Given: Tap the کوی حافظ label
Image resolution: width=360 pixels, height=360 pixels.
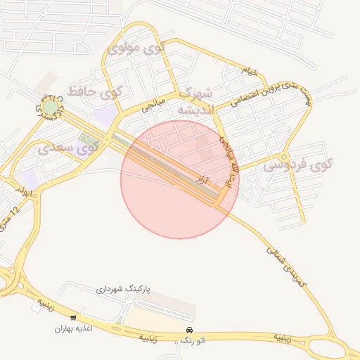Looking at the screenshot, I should tap(95, 91).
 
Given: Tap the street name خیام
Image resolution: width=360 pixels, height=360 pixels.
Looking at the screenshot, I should tap(250, 71).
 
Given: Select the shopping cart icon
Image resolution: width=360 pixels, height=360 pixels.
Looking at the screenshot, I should tap(73, 318).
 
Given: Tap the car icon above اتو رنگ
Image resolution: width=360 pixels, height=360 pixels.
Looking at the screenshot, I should tap(188, 330).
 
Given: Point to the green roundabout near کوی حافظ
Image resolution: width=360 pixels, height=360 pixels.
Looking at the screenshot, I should tap(51, 107).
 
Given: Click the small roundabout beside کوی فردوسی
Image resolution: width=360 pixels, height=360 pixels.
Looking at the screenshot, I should tap(284, 156).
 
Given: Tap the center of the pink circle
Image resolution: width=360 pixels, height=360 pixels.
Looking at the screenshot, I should tap(180, 179).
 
